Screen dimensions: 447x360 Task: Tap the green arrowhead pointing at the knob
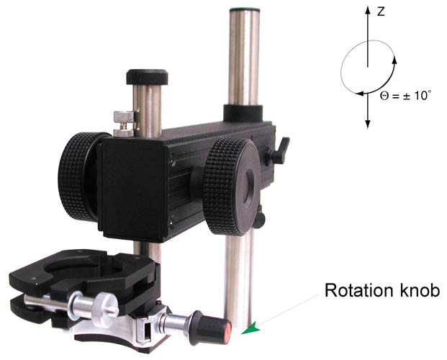pos(252,328)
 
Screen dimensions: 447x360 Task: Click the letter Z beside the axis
pos(381,12)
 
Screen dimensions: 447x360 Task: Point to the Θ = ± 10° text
pos(405,96)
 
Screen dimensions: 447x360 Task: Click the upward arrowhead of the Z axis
pos(368,10)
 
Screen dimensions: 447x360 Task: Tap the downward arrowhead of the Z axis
pos(368,124)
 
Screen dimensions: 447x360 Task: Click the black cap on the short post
pos(147,77)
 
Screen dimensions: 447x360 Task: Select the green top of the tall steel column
pos(245,9)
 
